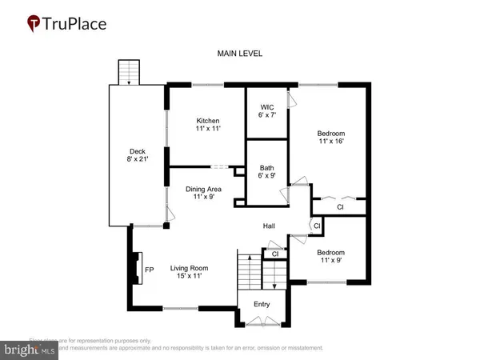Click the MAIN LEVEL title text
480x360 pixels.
[x=240, y=54]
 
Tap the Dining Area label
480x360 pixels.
[x=203, y=194]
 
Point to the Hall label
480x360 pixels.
[x=270, y=227]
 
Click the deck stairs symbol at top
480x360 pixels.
[x=128, y=71]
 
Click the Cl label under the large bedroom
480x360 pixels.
[x=339, y=206]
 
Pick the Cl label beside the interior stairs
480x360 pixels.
[x=275, y=254]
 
